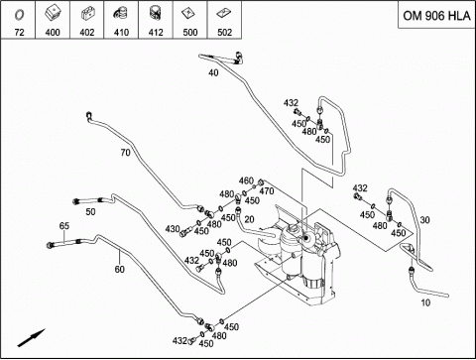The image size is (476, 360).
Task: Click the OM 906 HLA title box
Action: click(x=436, y=15)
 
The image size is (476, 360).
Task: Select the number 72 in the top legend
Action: click(x=20, y=33)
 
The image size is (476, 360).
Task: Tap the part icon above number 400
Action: click(x=53, y=15)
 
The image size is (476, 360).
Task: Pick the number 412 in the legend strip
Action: click(x=156, y=33)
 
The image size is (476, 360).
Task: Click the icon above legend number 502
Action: click(x=224, y=13)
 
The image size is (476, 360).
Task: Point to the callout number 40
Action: click(x=213, y=72)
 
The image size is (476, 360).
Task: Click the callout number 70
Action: click(x=125, y=153)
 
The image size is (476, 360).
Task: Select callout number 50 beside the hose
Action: click(x=90, y=211)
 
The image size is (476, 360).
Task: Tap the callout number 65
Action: click(x=64, y=226)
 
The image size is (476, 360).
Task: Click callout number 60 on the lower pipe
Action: click(x=119, y=269)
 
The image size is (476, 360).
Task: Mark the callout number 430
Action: click(x=173, y=229)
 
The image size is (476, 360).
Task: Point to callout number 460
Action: click(x=246, y=180)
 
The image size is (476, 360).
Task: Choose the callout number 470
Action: click(x=266, y=191)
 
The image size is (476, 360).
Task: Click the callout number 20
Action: click(x=249, y=219)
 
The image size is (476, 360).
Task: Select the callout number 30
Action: click(x=424, y=220)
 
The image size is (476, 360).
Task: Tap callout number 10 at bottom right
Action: click(x=425, y=302)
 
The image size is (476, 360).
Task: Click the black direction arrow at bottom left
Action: click(x=31, y=338)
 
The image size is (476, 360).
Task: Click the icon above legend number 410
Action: click(x=121, y=15)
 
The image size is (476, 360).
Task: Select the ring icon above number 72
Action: click(x=19, y=15)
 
